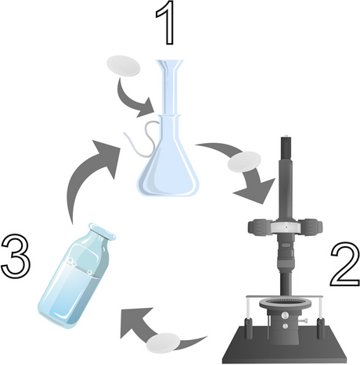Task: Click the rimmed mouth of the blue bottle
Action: tap(99, 230)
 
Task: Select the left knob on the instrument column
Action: tap(259, 227)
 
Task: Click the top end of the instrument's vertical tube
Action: tap(288, 141)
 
